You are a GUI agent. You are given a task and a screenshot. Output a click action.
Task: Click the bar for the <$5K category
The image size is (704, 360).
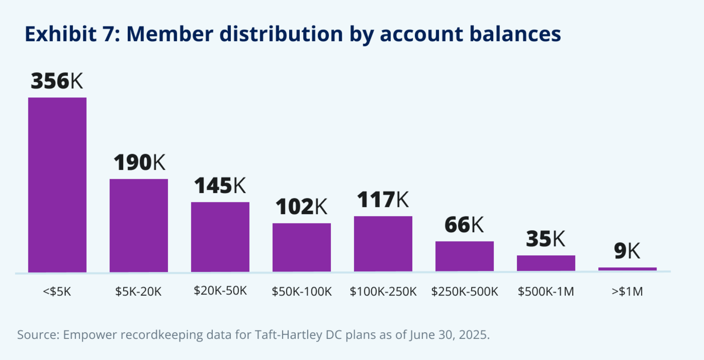57,184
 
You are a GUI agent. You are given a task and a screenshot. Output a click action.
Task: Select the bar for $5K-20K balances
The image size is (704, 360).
139,225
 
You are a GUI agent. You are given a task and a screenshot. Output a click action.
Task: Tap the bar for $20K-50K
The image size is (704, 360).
220,236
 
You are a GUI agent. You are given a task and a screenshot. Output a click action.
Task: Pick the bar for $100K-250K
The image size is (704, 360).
383,244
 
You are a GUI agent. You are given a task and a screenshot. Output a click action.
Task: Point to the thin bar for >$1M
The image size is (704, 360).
627,269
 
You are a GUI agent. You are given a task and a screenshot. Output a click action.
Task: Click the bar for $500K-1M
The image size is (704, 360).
546,263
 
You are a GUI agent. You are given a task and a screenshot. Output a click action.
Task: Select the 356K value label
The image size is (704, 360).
57,81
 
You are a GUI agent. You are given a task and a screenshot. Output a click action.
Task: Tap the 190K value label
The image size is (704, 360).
139,162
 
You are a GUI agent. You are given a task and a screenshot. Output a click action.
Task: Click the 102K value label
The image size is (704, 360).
301,207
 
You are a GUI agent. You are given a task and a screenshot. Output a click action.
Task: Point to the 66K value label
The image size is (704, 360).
464,225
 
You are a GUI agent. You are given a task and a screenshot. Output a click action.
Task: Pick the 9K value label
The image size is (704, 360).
627,251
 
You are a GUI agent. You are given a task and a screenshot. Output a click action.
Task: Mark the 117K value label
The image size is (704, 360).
383,199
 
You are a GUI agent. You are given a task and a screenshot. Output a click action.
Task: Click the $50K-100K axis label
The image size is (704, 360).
301,292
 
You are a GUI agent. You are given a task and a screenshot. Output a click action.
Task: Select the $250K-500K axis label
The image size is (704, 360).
464,292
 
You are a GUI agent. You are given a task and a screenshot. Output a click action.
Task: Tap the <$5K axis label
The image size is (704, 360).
57,292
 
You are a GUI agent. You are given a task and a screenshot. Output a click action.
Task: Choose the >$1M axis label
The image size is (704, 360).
627,292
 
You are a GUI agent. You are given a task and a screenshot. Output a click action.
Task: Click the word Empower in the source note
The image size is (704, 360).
86,335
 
